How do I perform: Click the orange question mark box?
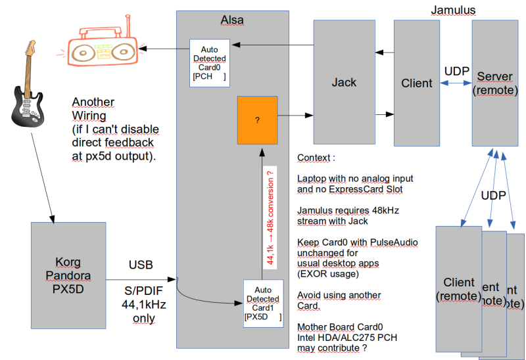[x=258, y=120]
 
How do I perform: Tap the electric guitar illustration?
[x=27, y=85]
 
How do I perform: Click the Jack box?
[x=344, y=82]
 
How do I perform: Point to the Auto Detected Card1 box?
[x=262, y=303]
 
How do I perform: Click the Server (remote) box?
[x=494, y=82]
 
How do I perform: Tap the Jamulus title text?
[x=453, y=10]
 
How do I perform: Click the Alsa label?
[x=232, y=20]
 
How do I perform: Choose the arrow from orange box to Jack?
[x=295, y=116]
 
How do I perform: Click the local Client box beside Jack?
[x=417, y=82]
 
